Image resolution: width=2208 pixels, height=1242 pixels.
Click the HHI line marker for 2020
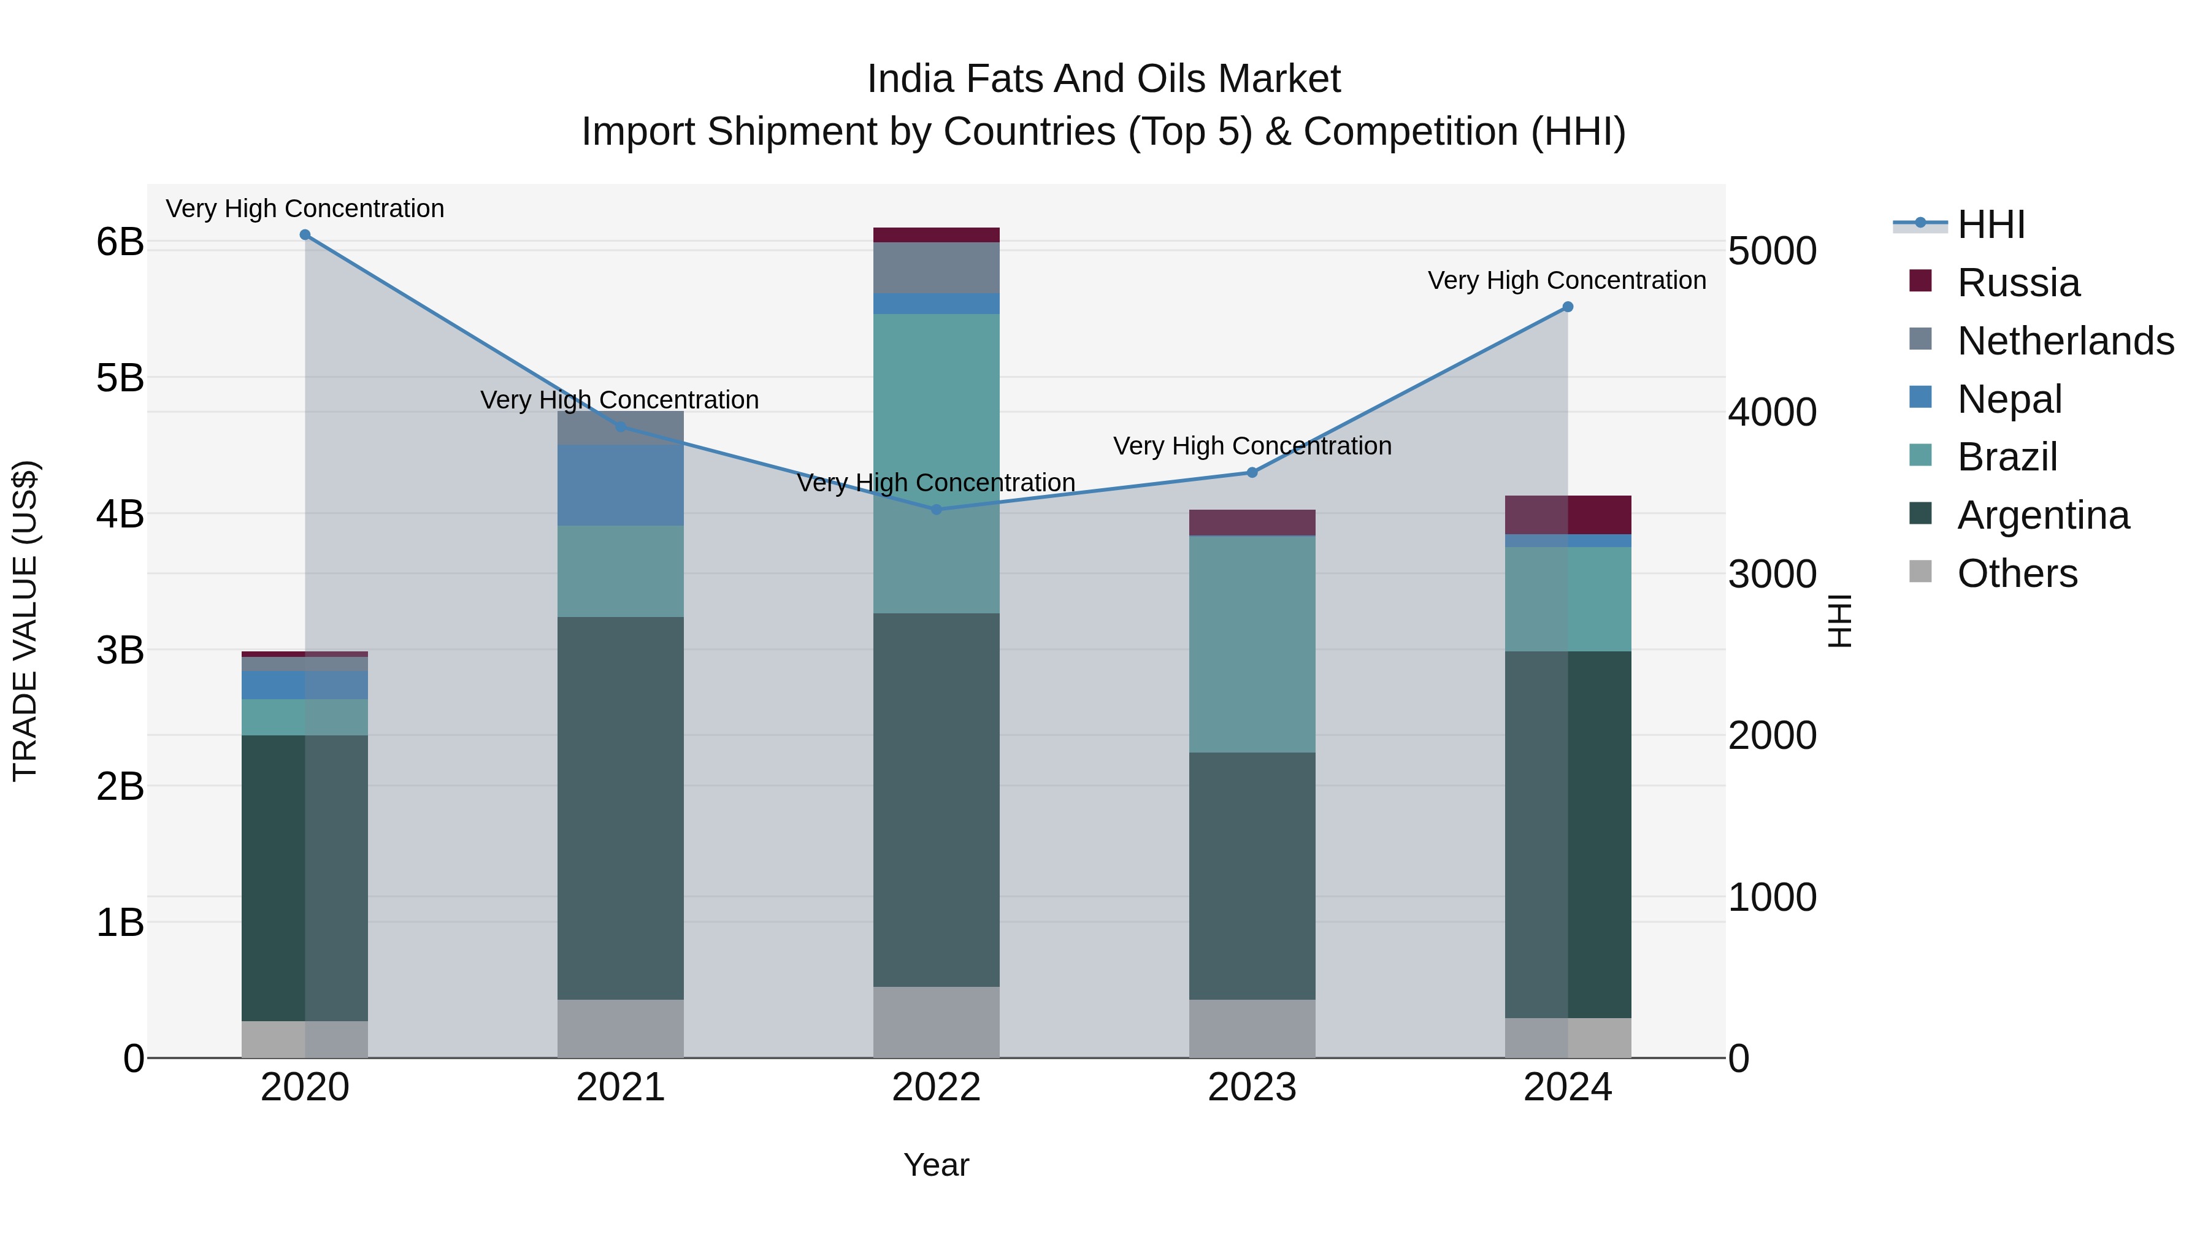(305, 235)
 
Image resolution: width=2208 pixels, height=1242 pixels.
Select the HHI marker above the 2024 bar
(1568, 307)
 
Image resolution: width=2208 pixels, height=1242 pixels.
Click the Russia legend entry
(2018, 283)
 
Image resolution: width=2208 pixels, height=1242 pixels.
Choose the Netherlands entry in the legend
(2064, 341)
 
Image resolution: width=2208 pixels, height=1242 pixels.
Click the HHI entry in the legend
(1990, 224)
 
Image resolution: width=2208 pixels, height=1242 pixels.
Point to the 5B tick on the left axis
(120, 378)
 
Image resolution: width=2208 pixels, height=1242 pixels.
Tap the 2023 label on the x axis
(1251, 1087)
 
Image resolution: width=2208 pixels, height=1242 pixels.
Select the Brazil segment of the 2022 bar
(936, 463)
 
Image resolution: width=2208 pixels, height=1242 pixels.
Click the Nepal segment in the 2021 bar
(621, 485)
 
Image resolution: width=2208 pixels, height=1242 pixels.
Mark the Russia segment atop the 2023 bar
(1251, 522)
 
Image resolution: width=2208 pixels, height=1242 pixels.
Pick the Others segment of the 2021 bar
(621, 1028)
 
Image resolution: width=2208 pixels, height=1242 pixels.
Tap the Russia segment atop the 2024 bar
(1568, 515)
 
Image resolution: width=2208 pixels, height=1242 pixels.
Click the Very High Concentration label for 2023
(1251, 447)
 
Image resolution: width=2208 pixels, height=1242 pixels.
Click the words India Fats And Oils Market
(1103, 79)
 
